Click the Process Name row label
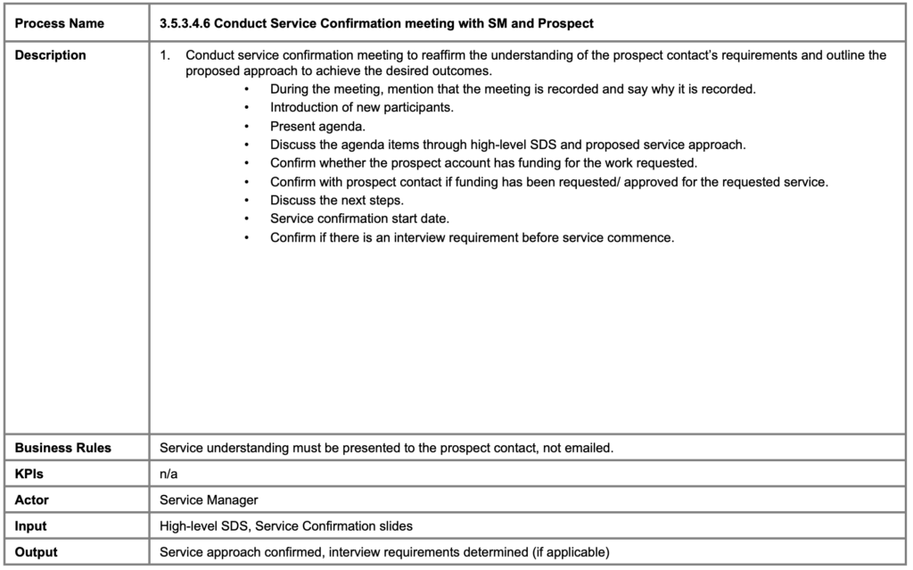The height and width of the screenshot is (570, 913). click(x=59, y=22)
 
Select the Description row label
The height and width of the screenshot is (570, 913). click(x=51, y=55)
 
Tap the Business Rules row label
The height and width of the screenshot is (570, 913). click(x=63, y=448)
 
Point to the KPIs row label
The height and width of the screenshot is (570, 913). click(x=29, y=475)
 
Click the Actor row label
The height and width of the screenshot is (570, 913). click(x=32, y=500)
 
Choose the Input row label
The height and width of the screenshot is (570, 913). click(x=31, y=526)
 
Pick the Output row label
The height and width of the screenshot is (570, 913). click(x=37, y=552)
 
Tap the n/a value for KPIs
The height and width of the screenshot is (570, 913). click(x=169, y=475)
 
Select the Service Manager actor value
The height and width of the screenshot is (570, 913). click(x=209, y=500)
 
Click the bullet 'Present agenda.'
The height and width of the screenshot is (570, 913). click(x=317, y=127)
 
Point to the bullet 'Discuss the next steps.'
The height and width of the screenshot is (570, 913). click(x=337, y=201)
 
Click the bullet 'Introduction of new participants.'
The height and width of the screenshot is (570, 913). click(x=362, y=108)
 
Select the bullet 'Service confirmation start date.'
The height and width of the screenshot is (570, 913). click(x=358, y=219)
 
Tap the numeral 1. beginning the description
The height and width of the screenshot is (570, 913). click(x=165, y=55)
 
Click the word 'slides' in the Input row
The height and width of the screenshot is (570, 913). click(x=394, y=526)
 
